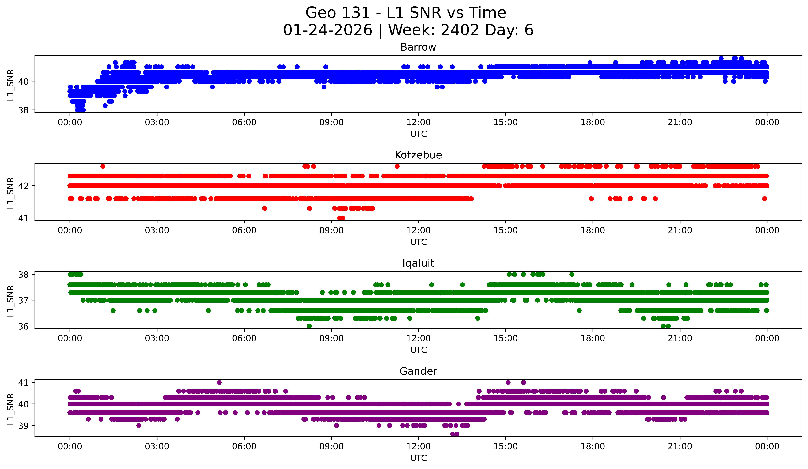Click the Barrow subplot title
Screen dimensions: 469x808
(x=418, y=47)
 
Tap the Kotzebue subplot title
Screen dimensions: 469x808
(x=418, y=155)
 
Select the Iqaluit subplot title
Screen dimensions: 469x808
(x=418, y=263)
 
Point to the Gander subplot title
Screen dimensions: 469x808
(x=418, y=371)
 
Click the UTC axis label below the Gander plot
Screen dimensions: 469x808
(x=418, y=458)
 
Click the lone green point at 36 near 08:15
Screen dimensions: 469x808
(x=309, y=326)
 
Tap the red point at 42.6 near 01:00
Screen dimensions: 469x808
(x=103, y=166)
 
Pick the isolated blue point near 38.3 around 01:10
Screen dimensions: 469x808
(x=105, y=105)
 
